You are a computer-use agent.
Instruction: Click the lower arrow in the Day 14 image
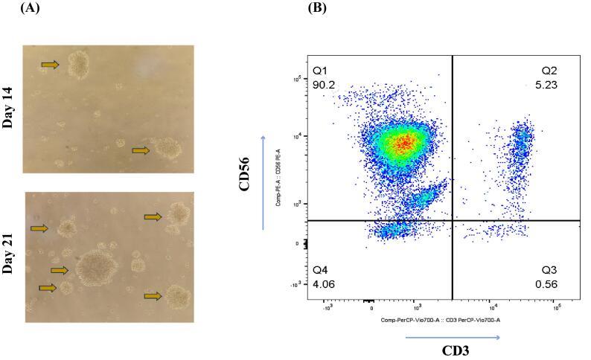tap(141, 150)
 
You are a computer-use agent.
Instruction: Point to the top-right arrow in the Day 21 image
tap(153, 216)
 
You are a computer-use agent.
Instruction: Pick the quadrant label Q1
tap(321, 70)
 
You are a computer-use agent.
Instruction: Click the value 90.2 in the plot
tap(323, 84)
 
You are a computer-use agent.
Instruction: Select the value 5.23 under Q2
tap(546, 84)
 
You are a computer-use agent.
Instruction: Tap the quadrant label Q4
tap(321, 269)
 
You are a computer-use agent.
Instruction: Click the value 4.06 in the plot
tap(323, 283)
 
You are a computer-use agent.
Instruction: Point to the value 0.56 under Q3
tap(546, 283)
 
